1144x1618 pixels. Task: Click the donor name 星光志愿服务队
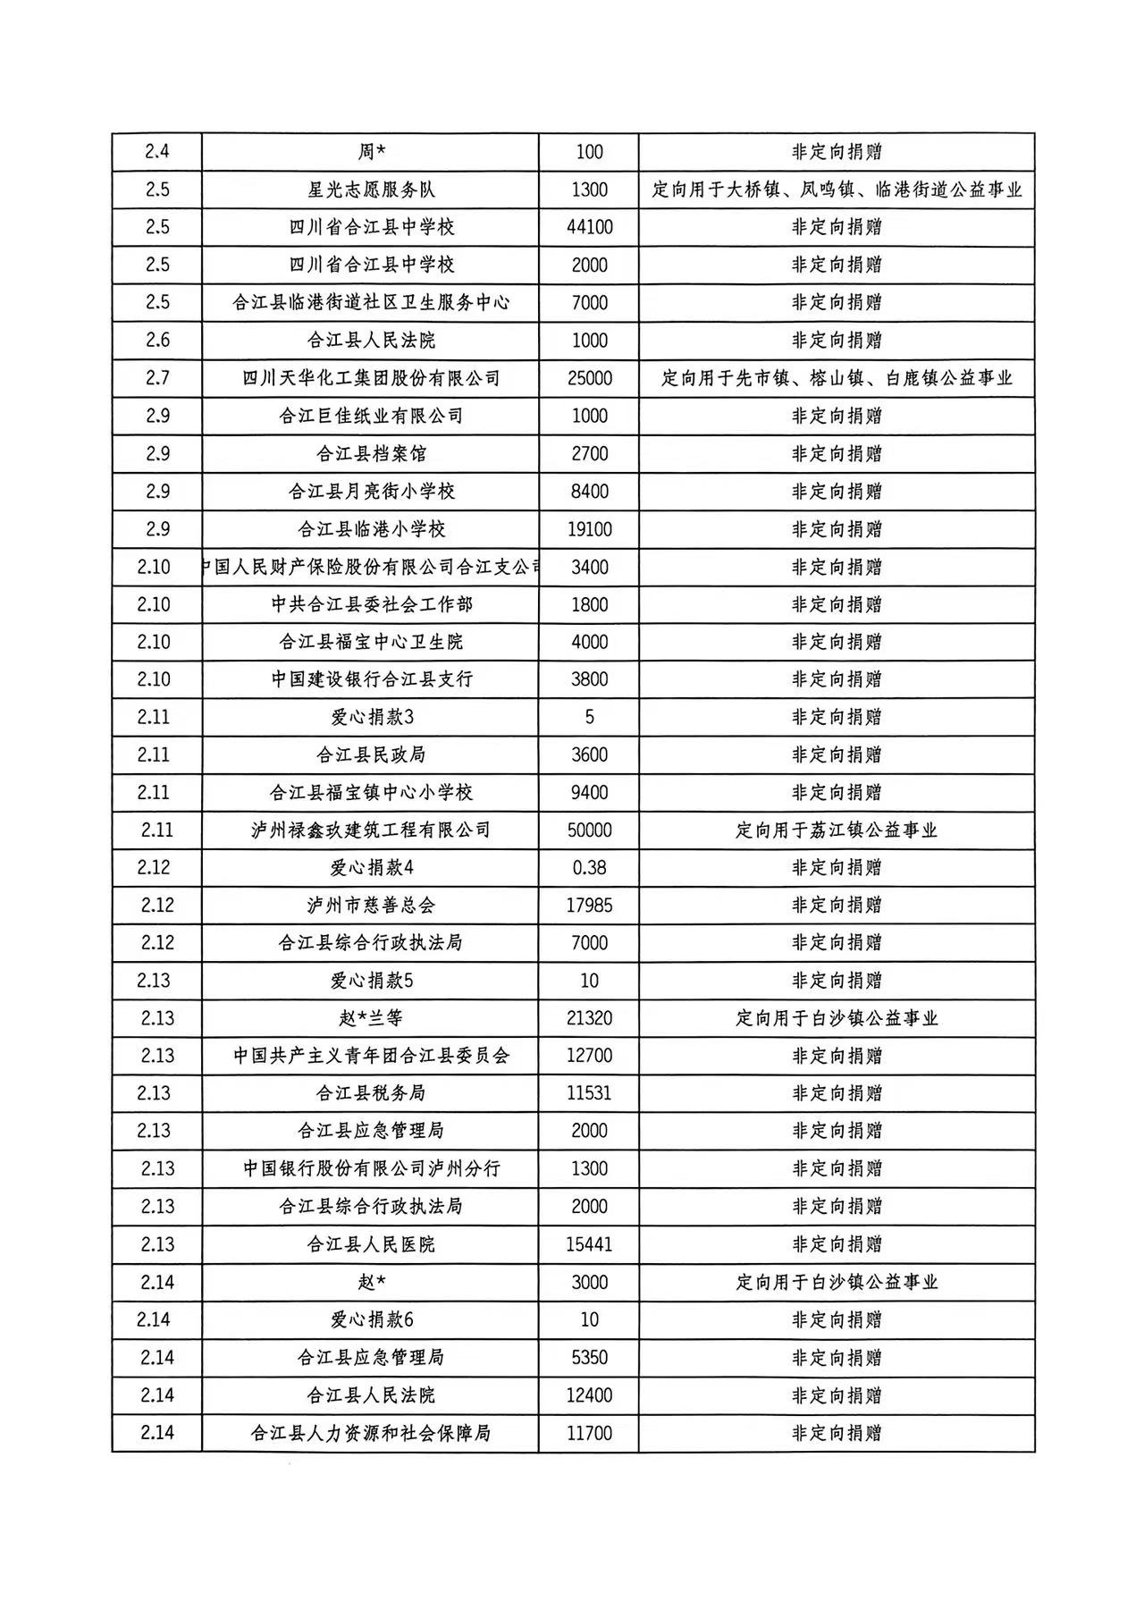371,190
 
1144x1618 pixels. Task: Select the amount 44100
589,227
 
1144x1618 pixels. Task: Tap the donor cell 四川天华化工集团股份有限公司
371,378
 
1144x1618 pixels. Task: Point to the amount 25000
589,378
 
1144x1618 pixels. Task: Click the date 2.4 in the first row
156,152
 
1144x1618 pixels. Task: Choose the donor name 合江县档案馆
371,453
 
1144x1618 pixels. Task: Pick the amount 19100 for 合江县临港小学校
589,529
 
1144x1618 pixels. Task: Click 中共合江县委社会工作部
371,604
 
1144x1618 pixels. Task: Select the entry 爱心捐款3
371,717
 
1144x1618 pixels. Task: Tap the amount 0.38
589,867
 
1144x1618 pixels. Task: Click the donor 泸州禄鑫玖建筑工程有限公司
371,830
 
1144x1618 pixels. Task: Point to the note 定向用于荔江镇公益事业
837,830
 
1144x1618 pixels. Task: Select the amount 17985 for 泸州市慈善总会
589,905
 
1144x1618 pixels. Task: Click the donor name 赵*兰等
371,1018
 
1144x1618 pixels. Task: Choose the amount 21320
589,1018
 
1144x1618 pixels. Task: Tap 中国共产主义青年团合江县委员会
371,1056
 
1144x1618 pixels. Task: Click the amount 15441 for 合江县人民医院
589,1244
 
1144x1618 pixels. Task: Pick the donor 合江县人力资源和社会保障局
371,1433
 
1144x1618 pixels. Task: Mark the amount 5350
589,1357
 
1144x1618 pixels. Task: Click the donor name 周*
371,152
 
